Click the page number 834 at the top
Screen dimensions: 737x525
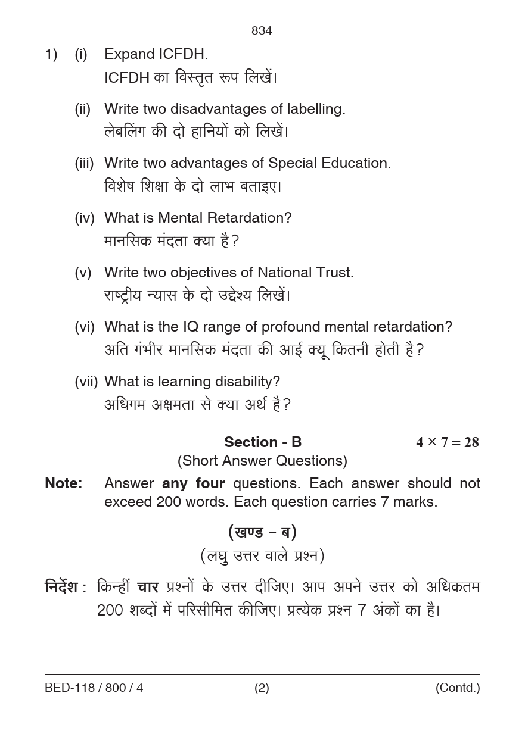pyautogui.click(x=262, y=31)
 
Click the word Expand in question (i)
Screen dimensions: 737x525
pyautogui.click(x=129, y=54)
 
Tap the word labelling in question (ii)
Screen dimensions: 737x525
pyautogui.click(x=316, y=109)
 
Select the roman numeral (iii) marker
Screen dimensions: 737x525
pyautogui.click(x=84, y=163)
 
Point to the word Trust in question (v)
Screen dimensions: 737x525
pyautogui.click(x=335, y=273)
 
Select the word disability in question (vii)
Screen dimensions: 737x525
pyautogui.click(x=250, y=382)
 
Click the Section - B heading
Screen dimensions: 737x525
pyautogui.click(x=263, y=442)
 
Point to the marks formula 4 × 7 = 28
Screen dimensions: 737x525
pyautogui.click(x=447, y=442)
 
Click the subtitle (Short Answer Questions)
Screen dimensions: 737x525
pyautogui.click(x=262, y=461)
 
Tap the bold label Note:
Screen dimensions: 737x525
pyautogui.click(x=64, y=483)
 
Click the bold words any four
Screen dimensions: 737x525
pyautogui.click(x=193, y=483)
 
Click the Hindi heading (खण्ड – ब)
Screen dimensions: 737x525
pyautogui.click(x=262, y=532)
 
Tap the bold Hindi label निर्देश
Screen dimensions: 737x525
pyautogui.click(x=62, y=588)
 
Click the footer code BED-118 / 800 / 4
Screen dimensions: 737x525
pyautogui.click(x=94, y=688)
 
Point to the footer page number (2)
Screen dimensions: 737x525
pyautogui.click(x=262, y=688)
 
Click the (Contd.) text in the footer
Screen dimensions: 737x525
pyautogui.click(x=457, y=688)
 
